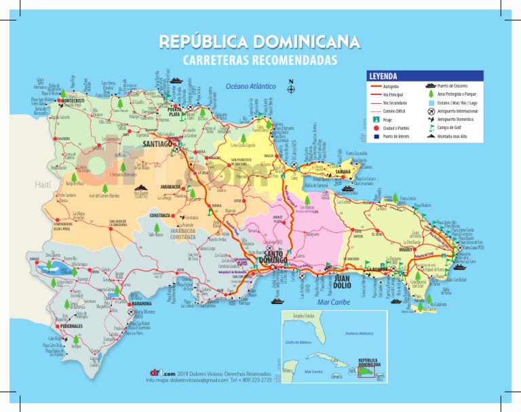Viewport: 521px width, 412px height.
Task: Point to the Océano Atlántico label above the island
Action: pyautogui.click(x=250, y=87)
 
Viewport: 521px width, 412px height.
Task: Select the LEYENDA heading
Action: pyautogui.click(x=383, y=76)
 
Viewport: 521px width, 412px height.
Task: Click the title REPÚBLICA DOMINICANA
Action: pyautogui.click(x=260, y=42)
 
